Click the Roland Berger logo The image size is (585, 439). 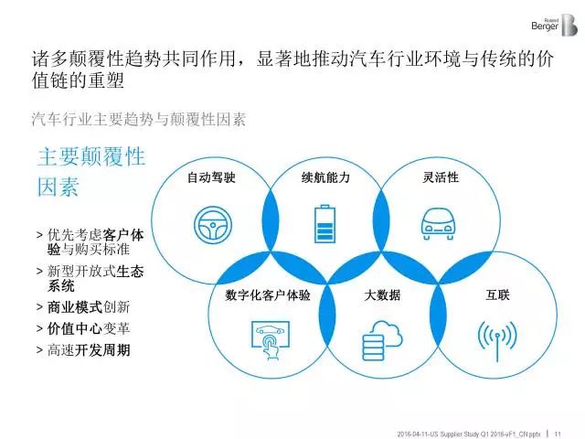(555, 26)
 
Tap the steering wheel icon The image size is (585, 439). (213, 226)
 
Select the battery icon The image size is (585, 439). (325, 223)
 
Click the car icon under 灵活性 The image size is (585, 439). (438, 224)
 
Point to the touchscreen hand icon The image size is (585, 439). (271, 339)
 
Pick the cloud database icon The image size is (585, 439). (382, 340)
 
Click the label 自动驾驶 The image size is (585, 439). (211, 177)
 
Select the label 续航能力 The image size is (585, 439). (325, 177)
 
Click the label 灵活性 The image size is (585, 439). (441, 177)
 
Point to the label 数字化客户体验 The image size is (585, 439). (268, 295)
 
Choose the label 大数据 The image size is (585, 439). (382, 295)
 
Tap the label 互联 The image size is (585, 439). (497, 295)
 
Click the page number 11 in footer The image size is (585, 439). (558, 434)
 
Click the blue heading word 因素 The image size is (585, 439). (58, 187)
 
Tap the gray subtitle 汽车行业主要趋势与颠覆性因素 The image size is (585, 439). (139, 120)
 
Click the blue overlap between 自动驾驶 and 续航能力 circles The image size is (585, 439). (271, 220)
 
